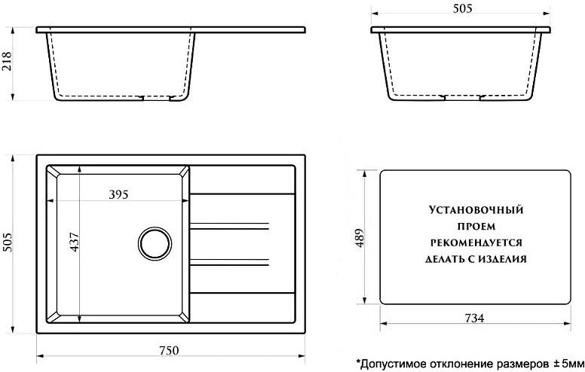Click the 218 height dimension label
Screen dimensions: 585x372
point(7,62)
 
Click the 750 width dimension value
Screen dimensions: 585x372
point(169,351)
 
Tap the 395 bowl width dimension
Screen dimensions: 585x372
point(118,194)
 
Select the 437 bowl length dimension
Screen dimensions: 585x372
point(74,242)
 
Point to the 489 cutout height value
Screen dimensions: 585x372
point(360,239)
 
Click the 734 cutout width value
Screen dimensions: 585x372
point(475,318)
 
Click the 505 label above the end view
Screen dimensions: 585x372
point(463,8)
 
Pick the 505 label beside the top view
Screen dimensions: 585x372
point(7,242)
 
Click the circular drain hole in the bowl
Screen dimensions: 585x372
point(155,243)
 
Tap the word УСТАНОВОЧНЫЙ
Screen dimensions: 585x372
point(476,210)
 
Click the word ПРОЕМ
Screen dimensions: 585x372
point(476,227)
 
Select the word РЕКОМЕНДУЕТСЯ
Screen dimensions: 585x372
point(476,243)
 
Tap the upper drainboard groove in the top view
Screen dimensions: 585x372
point(229,226)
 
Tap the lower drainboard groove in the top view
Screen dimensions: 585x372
point(229,262)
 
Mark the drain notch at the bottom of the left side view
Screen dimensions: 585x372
point(156,99)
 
